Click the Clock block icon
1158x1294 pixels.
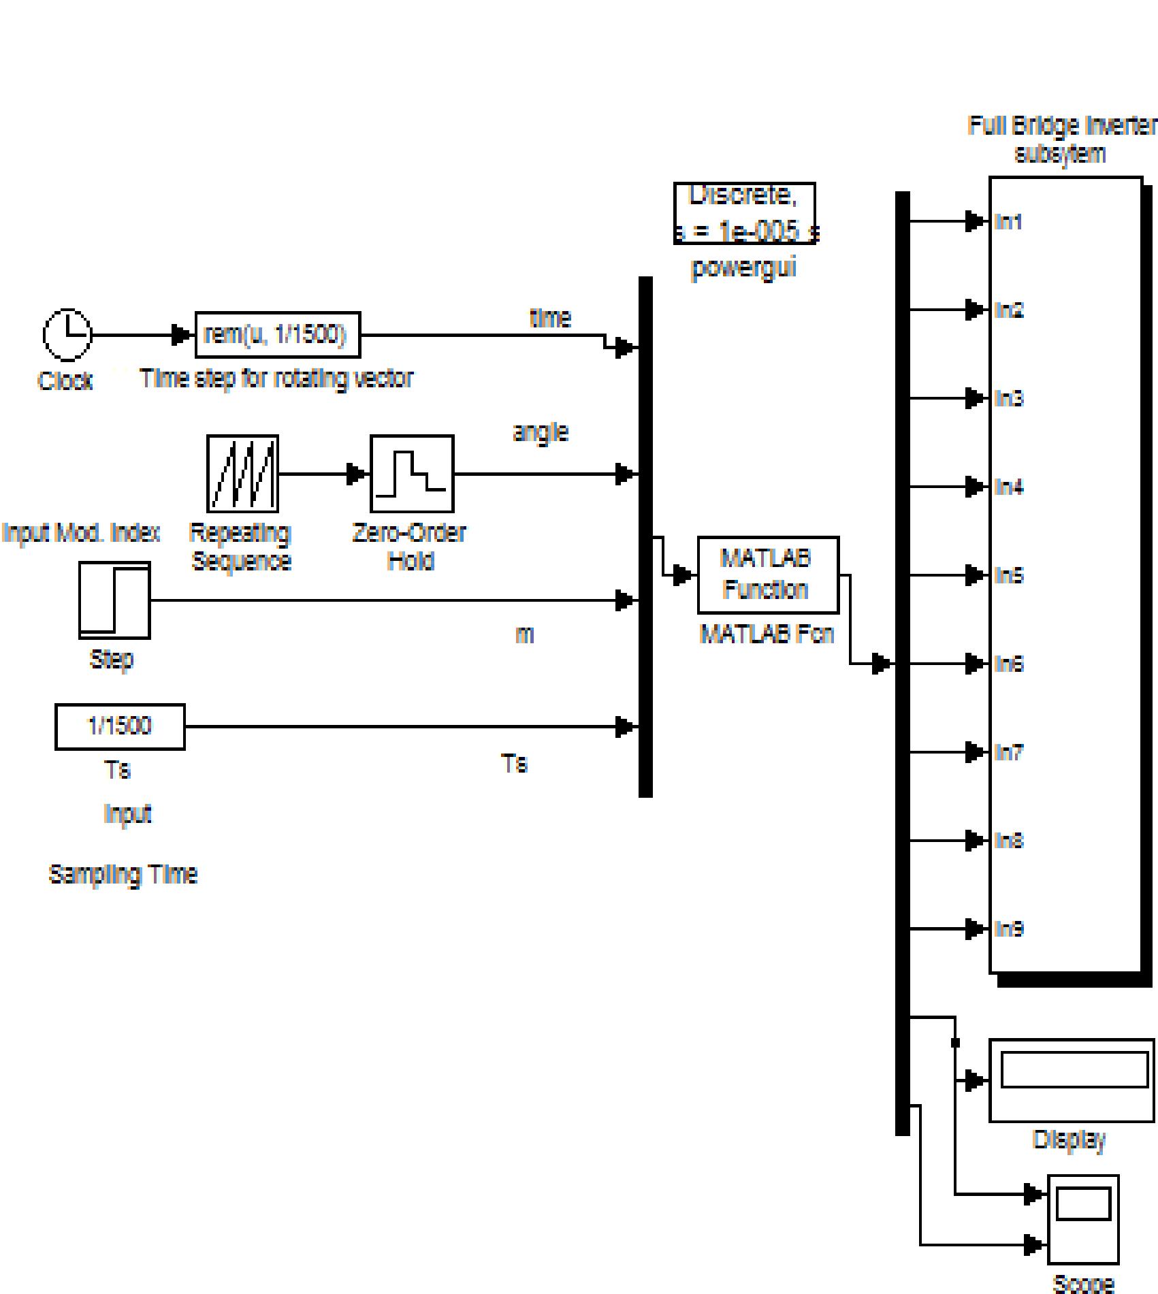[67, 334]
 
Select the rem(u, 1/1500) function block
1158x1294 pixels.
[277, 335]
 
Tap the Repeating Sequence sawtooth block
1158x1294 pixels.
[242, 474]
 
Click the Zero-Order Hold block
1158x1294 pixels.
[411, 474]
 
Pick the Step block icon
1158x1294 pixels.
[114, 600]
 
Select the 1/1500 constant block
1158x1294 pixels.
[119, 726]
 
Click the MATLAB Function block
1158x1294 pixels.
[767, 575]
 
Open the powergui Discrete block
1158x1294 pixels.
[744, 213]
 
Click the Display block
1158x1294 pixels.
[1071, 1080]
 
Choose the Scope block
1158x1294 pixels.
[1082, 1218]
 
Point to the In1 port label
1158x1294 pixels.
[1008, 222]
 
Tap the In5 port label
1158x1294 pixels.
[1008, 576]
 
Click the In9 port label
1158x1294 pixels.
[1008, 929]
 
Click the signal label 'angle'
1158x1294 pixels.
[540, 432]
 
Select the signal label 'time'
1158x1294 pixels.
[550, 318]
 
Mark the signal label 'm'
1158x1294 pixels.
[524, 634]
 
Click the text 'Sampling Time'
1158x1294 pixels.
[123, 874]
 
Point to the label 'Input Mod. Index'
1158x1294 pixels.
[80, 532]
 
